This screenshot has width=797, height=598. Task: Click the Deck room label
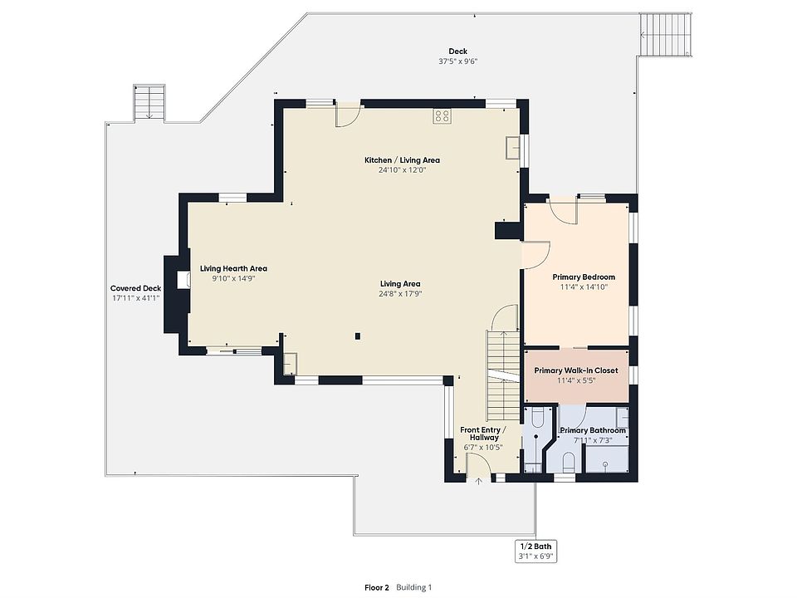tap(458, 51)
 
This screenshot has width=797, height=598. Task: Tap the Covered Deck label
tap(135, 288)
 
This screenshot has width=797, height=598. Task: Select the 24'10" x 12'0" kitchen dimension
tap(402, 169)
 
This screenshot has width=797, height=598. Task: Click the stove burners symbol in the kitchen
tap(442, 116)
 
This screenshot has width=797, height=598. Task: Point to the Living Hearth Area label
tap(233, 268)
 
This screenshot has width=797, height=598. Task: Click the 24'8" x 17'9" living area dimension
tap(400, 293)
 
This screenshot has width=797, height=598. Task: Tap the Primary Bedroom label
tap(584, 277)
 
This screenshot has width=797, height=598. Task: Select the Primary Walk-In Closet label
tap(576, 370)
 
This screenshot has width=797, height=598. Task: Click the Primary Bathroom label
tap(593, 430)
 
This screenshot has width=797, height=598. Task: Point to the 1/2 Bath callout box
tap(535, 551)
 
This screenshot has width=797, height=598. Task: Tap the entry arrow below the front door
tap(478, 481)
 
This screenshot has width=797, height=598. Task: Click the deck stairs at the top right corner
tap(666, 35)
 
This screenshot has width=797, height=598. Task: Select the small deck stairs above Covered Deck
tap(149, 103)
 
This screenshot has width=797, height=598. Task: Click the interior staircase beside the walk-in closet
tap(504, 375)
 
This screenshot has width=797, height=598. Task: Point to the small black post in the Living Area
tap(358, 336)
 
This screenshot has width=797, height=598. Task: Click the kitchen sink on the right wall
tap(513, 148)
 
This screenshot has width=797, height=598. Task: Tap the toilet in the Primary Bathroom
tap(569, 462)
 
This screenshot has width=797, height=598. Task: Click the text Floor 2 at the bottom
tap(377, 587)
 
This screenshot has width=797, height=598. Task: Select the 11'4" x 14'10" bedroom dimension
tap(584, 287)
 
